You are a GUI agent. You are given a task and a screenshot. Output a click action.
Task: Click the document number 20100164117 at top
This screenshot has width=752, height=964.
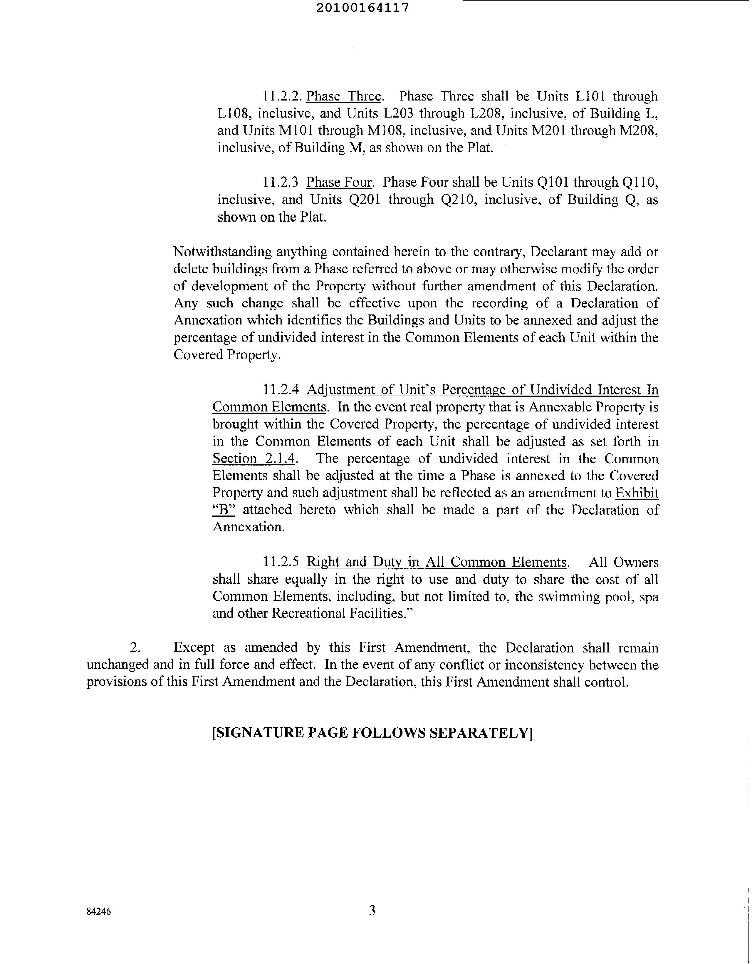click(362, 8)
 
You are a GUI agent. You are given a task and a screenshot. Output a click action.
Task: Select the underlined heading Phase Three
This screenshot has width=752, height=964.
click(344, 96)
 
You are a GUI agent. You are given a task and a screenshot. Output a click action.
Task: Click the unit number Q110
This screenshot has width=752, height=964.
click(640, 182)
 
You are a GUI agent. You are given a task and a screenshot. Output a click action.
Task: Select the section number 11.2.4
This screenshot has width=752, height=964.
click(281, 389)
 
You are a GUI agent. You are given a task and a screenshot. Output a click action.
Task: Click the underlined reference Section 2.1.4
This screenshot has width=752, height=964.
click(254, 458)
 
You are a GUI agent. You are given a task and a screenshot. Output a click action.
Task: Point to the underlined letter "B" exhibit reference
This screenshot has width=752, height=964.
click(224, 510)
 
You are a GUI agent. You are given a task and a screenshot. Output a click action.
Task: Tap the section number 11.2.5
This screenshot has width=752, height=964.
click(281, 562)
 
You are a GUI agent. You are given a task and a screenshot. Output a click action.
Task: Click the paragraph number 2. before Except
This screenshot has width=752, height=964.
click(135, 647)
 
